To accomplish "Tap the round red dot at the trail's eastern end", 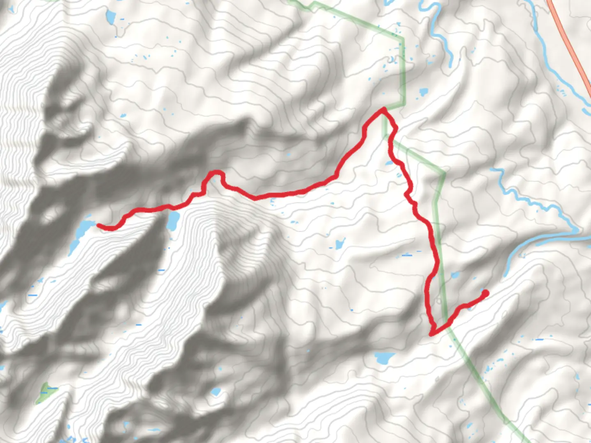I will pos(485,293).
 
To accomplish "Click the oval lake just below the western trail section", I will pos(173,221).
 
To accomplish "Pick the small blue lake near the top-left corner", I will pos(110,17).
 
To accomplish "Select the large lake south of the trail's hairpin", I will pos(384,358).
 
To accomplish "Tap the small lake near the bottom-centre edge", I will pos(215,392).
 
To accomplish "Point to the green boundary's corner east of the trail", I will pos(444,174).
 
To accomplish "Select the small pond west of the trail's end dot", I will pos(454,275).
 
